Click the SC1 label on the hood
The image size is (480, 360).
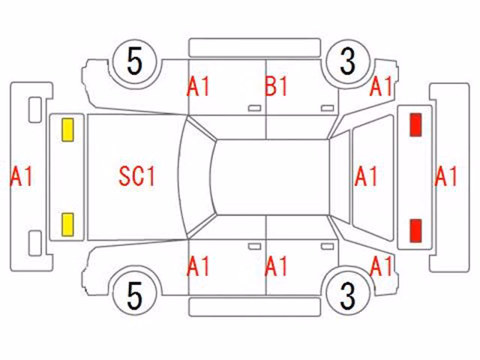pyautogui.click(x=137, y=176)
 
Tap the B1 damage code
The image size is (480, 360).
pyautogui.click(x=276, y=86)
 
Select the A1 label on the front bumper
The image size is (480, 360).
pyautogui.click(x=22, y=176)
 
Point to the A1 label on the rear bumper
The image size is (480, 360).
pyautogui.click(x=446, y=176)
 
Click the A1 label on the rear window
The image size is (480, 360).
pyautogui.click(x=366, y=176)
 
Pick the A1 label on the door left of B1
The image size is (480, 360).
pyautogui.click(x=198, y=86)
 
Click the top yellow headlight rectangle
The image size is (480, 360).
pyautogui.click(x=67, y=130)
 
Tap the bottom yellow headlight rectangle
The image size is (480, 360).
pyautogui.click(x=67, y=225)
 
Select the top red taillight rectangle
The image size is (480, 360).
pyautogui.click(x=415, y=124)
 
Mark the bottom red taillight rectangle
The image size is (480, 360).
pyautogui.click(x=415, y=230)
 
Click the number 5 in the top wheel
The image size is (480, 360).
pyautogui.click(x=135, y=61)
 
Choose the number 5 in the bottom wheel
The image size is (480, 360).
pyautogui.click(x=135, y=295)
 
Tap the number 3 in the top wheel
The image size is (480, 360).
pyautogui.click(x=348, y=61)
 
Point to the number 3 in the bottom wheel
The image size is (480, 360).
pyautogui.click(x=348, y=295)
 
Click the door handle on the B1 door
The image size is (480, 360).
pyautogui.click(x=327, y=108)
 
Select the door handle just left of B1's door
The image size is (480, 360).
pyautogui.click(x=254, y=108)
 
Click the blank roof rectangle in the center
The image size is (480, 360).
pyautogui.click(x=271, y=177)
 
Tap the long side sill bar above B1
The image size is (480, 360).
pyautogui.click(x=255, y=48)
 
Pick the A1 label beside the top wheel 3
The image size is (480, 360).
pyautogui.click(x=381, y=86)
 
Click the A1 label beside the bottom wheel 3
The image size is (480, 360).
pyautogui.click(x=381, y=266)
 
